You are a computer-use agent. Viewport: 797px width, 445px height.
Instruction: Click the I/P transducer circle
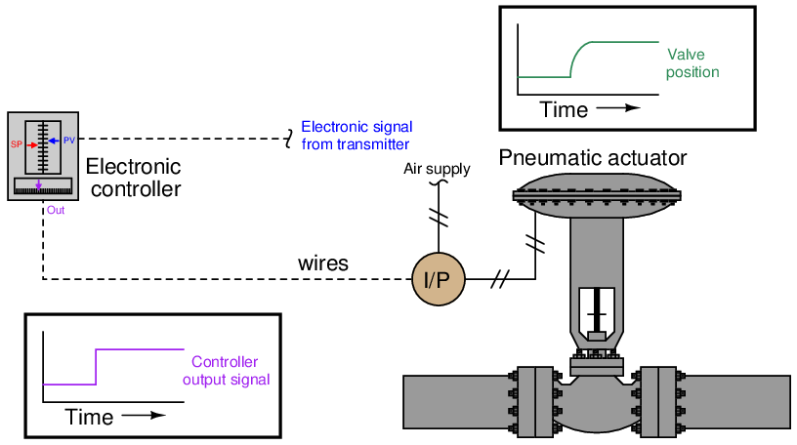pos(438,279)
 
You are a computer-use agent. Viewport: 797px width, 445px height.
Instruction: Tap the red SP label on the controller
pos(17,143)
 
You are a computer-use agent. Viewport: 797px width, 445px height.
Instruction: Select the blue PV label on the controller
pos(69,141)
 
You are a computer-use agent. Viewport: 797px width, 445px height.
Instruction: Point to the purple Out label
pos(55,210)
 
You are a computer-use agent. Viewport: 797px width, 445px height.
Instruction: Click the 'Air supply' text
pos(437,170)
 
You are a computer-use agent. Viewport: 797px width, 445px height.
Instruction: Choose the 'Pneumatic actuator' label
pos(593,158)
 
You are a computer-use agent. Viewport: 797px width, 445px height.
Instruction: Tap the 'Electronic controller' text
pos(135,177)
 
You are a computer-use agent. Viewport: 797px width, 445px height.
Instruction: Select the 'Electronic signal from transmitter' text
pos(356,135)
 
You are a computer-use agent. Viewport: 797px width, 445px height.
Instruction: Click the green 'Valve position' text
pos(692,62)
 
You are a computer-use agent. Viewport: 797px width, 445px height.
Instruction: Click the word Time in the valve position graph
pos(565,109)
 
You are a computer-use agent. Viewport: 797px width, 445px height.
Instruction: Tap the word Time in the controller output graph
pos(89,418)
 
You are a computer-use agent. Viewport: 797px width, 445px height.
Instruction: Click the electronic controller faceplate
pos(43,156)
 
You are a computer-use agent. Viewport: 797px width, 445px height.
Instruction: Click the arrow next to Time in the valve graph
pos(618,109)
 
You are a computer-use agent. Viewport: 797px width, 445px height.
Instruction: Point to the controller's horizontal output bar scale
pos(43,187)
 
